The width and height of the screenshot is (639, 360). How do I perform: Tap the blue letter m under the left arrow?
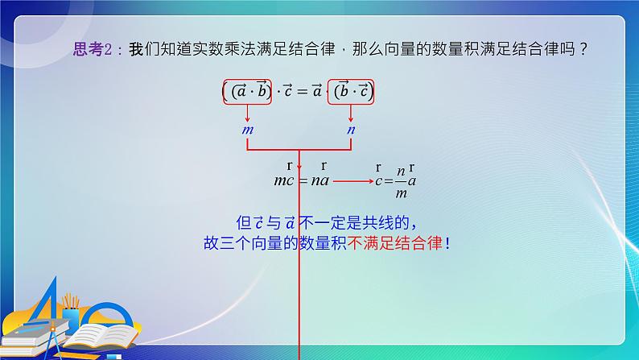pos(247,129)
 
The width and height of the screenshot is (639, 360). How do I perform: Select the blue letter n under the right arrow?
pos(351,129)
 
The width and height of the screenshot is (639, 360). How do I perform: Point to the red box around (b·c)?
pos(351,92)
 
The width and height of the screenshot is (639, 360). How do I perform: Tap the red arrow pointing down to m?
pos(247,114)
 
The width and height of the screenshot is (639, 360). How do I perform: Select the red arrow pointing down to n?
pos(351,114)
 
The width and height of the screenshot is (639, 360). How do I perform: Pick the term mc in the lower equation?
pos(284,180)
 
